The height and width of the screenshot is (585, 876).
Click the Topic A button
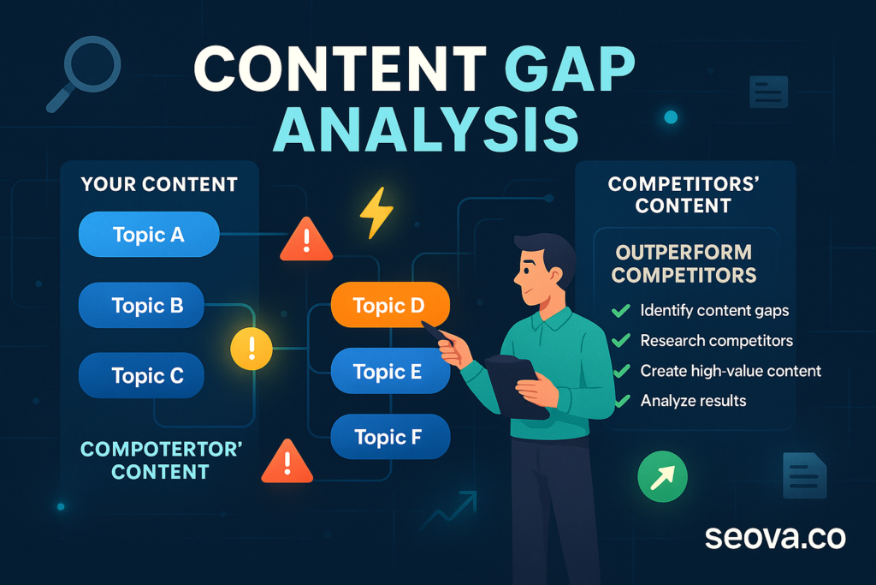pyautogui.click(x=149, y=235)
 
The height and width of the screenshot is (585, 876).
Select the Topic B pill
pyautogui.click(x=141, y=306)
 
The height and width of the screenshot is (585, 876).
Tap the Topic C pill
pyautogui.click(x=141, y=375)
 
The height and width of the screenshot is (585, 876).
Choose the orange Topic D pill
pyautogui.click(x=390, y=306)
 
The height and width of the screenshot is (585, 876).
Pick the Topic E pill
pyautogui.click(x=390, y=372)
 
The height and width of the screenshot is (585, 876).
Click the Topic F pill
pyautogui.click(x=390, y=437)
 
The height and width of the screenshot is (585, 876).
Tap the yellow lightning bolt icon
pyautogui.click(x=376, y=212)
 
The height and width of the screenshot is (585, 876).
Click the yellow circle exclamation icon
pyautogui.click(x=252, y=349)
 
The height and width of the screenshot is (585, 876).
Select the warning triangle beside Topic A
pyautogui.click(x=306, y=239)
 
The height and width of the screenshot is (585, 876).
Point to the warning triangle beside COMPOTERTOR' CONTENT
pyautogui.click(x=287, y=462)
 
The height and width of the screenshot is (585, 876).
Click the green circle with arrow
pyautogui.click(x=663, y=476)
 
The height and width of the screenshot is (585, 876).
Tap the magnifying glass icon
pyautogui.click(x=84, y=74)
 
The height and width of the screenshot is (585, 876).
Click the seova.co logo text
pyautogui.click(x=775, y=537)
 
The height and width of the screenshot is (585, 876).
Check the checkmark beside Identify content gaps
pyautogui.click(x=621, y=310)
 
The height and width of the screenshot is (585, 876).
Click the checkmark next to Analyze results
pyautogui.click(x=622, y=401)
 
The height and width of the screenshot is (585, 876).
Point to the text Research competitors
pyautogui.click(x=716, y=341)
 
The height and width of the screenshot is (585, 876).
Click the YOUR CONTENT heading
pyautogui.click(x=159, y=184)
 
